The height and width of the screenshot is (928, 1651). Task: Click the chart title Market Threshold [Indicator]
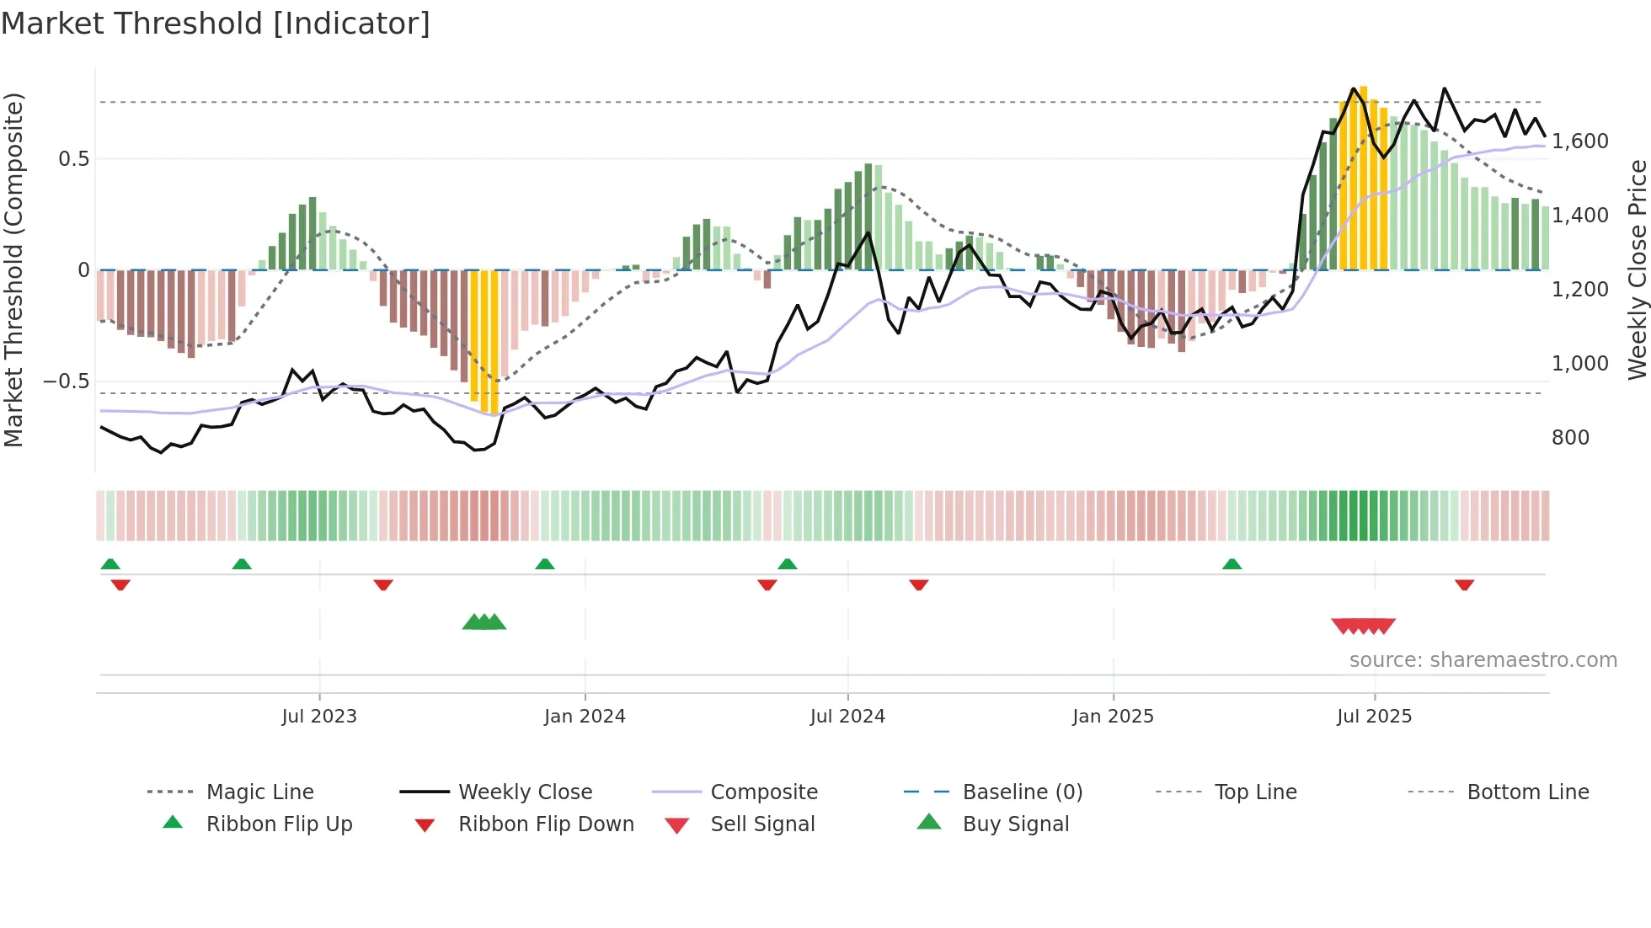pyautogui.click(x=216, y=24)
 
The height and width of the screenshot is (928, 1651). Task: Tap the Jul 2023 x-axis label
pyautogui.click(x=319, y=717)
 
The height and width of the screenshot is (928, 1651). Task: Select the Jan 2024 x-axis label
pyautogui.click(x=585, y=717)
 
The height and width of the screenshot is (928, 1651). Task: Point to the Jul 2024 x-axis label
pyautogui.click(x=847, y=717)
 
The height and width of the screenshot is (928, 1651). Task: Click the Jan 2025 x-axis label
pyautogui.click(x=1113, y=717)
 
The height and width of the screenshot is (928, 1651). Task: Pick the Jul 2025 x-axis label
pyautogui.click(x=1374, y=717)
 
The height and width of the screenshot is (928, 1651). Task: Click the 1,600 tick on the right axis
pyautogui.click(x=1580, y=141)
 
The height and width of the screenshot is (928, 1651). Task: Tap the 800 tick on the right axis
pyautogui.click(x=1570, y=438)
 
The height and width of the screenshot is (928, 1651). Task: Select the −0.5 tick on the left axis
pyautogui.click(x=67, y=381)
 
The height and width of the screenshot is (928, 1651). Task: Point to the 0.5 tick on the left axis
pyautogui.click(x=73, y=159)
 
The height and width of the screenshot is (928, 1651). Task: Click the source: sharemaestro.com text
pyautogui.click(x=1483, y=660)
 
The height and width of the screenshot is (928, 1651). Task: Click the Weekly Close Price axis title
pyautogui.click(x=1637, y=269)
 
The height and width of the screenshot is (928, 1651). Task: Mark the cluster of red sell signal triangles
pyautogui.click(x=1363, y=626)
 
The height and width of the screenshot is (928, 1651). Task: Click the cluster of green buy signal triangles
pyautogui.click(x=484, y=622)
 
